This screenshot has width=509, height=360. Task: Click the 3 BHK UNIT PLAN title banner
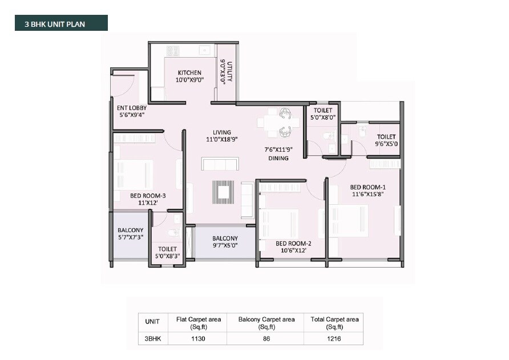61,23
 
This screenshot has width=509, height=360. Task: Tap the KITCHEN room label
189,72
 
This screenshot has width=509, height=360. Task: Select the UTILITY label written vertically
229,72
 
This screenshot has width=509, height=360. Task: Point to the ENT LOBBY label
131,108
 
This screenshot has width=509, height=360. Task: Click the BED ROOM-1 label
367,187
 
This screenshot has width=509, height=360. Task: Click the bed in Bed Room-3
135,175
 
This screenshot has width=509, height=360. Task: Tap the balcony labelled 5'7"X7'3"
130,234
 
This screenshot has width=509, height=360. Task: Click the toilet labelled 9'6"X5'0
386,140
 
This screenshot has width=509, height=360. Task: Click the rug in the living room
223,192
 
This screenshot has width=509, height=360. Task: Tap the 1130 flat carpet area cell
199,339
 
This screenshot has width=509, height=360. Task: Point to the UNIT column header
152,321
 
